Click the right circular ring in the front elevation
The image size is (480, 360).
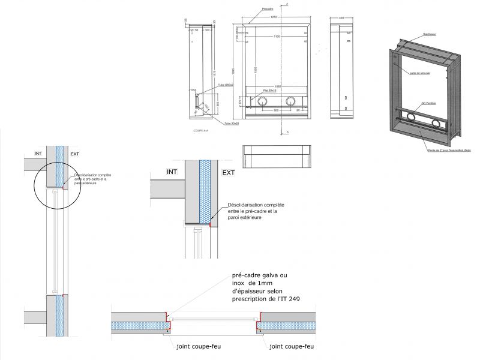[291, 101]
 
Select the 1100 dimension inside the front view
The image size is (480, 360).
[277, 37]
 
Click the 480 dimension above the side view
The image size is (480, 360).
[341, 18]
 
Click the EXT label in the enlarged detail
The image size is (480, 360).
[229, 173]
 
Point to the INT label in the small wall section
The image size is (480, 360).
[38, 154]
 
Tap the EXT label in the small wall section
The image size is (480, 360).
[75, 154]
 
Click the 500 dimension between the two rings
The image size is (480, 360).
[277, 111]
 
